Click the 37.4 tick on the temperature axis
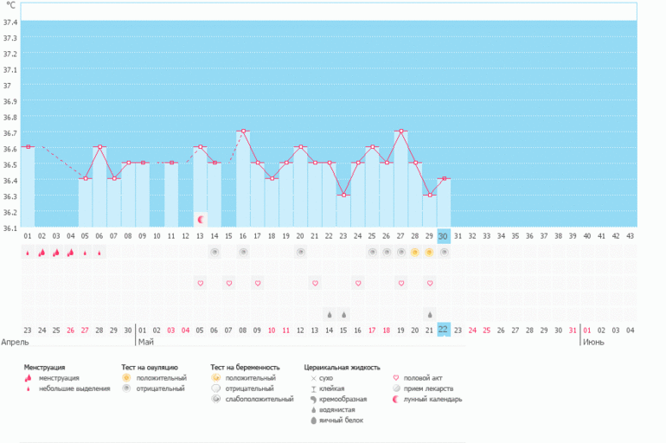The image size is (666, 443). [10, 21]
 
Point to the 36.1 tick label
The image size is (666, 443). [10, 228]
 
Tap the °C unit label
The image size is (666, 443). [10, 5]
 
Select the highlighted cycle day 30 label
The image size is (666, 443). [443, 235]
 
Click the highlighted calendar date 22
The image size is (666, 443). [443, 330]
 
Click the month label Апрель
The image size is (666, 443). [16, 342]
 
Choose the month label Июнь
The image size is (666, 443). [593, 342]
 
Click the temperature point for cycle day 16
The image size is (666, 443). [243, 131]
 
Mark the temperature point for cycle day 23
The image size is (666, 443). [343, 195]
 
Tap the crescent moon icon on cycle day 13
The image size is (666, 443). [201, 219]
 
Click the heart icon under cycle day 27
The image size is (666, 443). [400, 283]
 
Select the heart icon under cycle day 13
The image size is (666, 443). [201, 283]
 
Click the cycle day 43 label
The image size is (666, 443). [630, 235]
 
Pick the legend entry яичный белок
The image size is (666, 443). [337, 421]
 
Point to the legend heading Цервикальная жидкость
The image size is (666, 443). [342, 368]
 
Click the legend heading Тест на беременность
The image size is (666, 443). [247, 368]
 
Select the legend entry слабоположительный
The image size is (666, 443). [252, 399]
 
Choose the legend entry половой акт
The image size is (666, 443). [422, 378]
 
